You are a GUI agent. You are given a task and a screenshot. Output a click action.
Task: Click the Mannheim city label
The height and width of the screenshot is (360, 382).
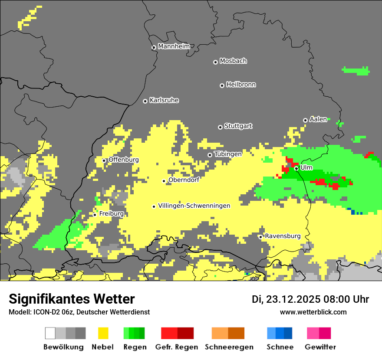click(x=174, y=46)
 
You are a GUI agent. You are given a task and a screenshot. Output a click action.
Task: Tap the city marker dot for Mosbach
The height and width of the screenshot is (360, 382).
click(x=215, y=62)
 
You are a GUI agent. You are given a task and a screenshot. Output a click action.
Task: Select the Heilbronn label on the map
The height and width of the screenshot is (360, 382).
click(x=241, y=85)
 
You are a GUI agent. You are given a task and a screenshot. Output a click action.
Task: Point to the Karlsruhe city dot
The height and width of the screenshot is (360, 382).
click(x=145, y=101)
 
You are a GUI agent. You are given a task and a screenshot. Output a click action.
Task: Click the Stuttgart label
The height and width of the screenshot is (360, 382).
click(x=238, y=126)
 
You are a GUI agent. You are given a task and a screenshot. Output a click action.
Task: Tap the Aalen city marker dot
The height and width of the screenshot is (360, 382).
click(x=305, y=120)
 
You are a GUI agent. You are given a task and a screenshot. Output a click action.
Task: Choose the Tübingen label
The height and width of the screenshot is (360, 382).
click(x=228, y=154)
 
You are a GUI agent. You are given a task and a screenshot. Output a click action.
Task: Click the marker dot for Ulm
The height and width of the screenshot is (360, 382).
click(x=296, y=168)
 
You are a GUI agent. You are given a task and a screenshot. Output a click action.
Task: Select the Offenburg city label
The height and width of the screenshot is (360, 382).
click(x=124, y=160)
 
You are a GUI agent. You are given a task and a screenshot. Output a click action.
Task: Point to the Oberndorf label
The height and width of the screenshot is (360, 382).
click(x=184, y=180)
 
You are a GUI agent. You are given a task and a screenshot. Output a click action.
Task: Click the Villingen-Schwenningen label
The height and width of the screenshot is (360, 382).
click(x=194, y=206)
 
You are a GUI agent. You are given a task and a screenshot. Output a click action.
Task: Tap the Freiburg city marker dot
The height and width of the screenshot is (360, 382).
click(x=95, y=215)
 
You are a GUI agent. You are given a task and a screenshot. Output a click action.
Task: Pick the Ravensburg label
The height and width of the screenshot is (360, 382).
click(x=283, y=236)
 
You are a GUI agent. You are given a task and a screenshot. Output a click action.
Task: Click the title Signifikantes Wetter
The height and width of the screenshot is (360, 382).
click(x=72, y=299)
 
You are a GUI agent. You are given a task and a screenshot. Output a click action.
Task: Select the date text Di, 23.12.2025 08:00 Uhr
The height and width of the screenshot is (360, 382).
click(x=310, y=299)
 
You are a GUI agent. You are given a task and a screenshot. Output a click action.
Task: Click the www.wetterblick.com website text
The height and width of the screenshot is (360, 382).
click(x=313, y=312)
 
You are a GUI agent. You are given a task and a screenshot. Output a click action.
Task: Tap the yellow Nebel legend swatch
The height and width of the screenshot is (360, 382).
click(x=103, y=333)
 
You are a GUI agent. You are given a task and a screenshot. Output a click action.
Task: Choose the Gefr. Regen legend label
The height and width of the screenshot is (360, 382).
click(x=177, y=347)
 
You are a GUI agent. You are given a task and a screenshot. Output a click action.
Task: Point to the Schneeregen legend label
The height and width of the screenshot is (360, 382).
click(x=229, y=347)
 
